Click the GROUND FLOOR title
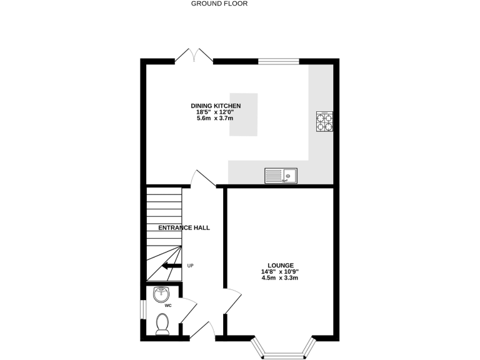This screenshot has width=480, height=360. click(219, 4)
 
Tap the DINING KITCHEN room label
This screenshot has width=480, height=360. click(216, 106)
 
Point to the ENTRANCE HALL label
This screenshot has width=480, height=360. click(184, 227)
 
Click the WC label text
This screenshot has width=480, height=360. click(168, 306)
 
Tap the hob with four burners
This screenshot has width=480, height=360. click(324, 121)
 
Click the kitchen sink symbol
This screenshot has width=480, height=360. click(281, 176)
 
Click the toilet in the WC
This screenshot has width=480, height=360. click(162, 324)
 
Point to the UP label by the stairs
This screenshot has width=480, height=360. click(191, 266)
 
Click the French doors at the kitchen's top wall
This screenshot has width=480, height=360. click(194, 57)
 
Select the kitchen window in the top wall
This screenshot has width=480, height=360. click(279, 61)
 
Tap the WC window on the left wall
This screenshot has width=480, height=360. click(141, 309)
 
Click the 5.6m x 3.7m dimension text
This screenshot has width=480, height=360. click(215, 119)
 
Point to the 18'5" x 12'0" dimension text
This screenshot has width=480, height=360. click(215, 112)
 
